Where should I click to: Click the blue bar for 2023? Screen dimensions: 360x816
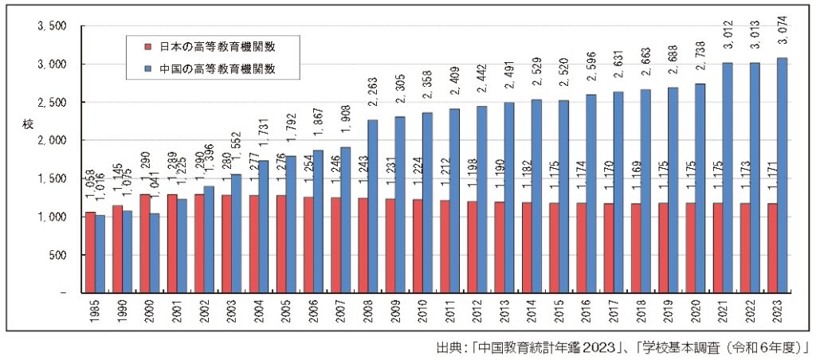click(783, 175)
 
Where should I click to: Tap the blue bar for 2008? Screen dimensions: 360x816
click(373, 206)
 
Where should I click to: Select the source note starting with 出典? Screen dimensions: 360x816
click(622, 348)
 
